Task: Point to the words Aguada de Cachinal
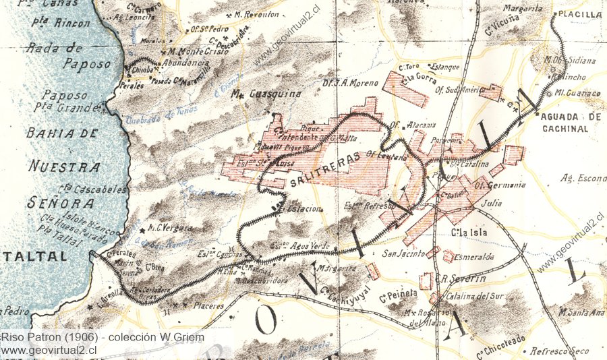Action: pos(570,122)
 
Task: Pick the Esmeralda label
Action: pos(474,257)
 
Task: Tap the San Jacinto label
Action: pos(403,254)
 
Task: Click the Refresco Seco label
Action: pos(559,351)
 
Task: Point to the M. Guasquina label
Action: pos(266,94)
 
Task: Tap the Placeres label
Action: pos(208,306)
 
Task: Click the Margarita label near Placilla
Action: pos(523,9)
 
